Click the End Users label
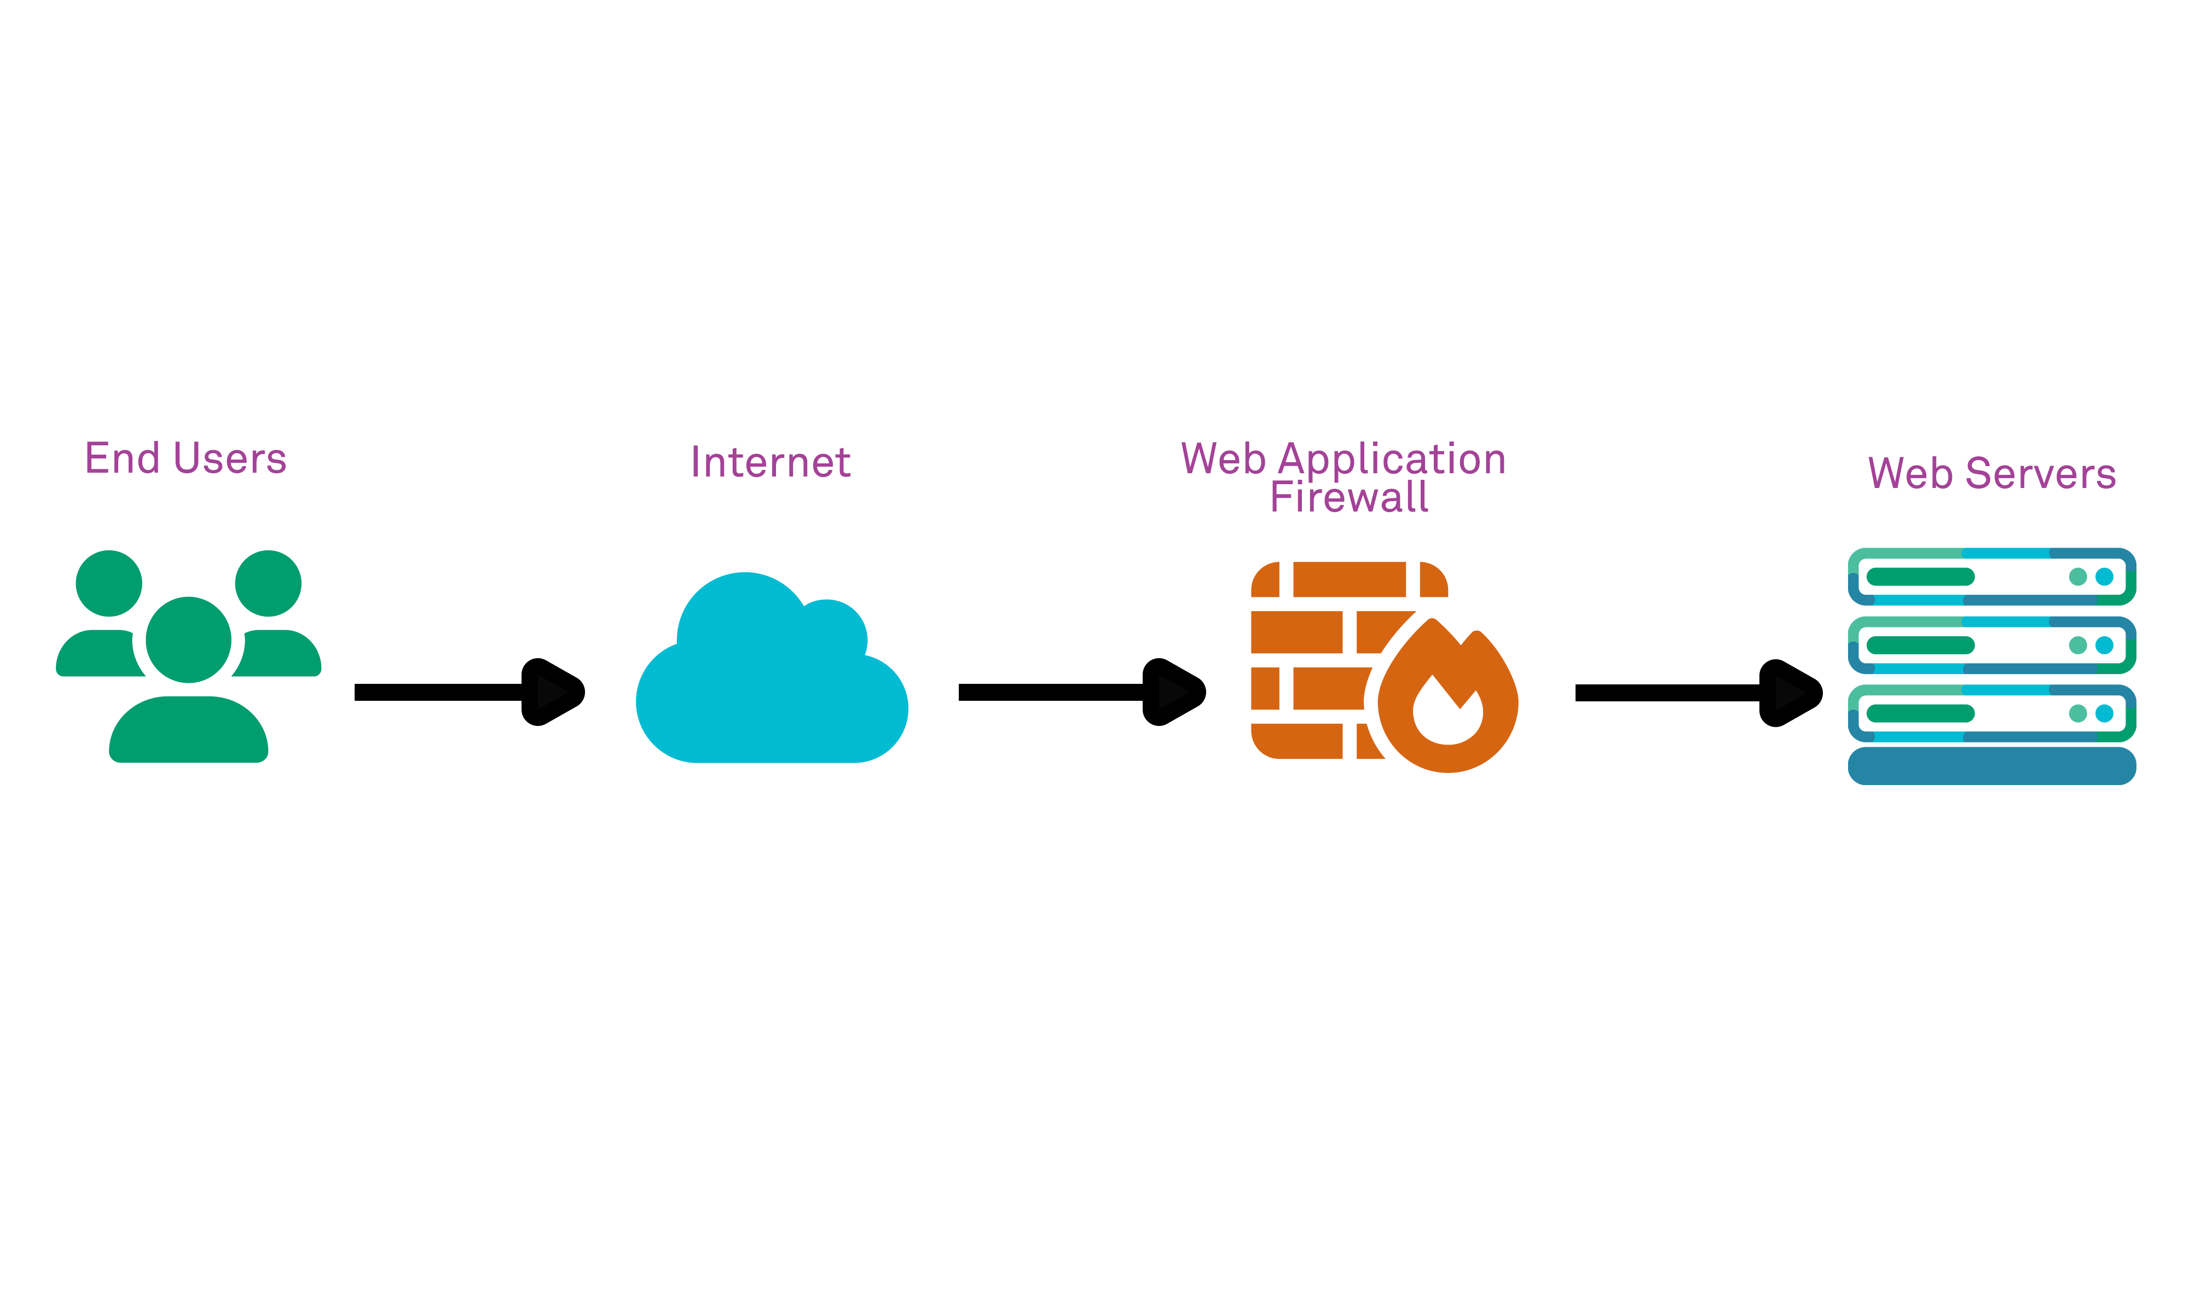click(186, 458)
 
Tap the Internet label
click(770, 462)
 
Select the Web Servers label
click(1991, 473)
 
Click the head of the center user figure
click(188, 640)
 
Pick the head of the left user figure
click(109, 583)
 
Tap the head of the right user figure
click(268, 583)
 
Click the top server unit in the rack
click(1991, 577)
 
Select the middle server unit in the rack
click(1991, 645)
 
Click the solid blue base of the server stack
click(1991, 766)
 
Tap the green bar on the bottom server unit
click(1920, 713)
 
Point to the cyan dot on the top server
click(2104, 577)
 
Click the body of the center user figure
click(188, 730)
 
